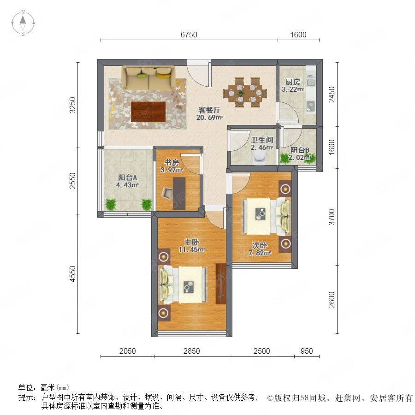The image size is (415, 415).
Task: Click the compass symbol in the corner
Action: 23,23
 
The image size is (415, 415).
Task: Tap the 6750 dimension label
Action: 189,35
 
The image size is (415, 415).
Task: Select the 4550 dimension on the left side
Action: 72,273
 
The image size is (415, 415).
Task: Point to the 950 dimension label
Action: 307,351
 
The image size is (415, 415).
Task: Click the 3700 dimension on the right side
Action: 332,217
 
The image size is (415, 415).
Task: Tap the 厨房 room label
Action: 293,82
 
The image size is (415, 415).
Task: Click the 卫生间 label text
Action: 262,140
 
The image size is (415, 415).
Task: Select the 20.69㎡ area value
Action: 209,117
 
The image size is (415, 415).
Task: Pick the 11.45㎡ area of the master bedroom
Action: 192,249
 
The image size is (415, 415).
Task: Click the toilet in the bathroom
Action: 259,159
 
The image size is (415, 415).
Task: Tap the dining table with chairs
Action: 245,92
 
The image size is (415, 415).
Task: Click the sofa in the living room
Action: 148,78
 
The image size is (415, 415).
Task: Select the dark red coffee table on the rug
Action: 148,112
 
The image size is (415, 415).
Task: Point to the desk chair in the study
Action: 167,193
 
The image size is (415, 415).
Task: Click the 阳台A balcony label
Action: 127,177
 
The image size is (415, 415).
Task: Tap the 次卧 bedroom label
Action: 259,245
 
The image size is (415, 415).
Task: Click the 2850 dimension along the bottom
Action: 192,351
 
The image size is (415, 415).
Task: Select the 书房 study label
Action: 172,162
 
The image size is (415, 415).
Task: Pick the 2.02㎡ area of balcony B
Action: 299,158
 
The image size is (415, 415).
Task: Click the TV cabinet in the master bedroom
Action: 220,284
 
